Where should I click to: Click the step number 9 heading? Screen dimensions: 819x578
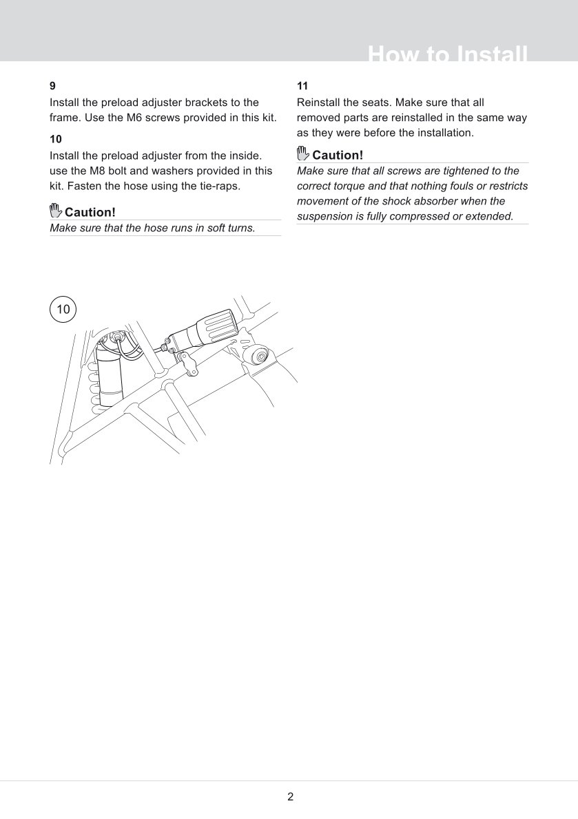click(x=53, y=86)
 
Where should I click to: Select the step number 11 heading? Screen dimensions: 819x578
click(x=302, y=86)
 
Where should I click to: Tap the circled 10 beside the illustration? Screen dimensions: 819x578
click(x=63, y=309)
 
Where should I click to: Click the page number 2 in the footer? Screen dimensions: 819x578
click(x=290, y=797)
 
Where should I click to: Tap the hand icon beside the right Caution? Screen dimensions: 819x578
click(x=303, y=154)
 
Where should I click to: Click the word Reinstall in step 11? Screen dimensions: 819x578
click(x=320, y=102)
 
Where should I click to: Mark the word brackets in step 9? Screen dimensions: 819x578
click(x=198, y=102)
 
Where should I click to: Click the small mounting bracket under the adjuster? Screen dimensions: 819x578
click(x=189, y=362)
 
